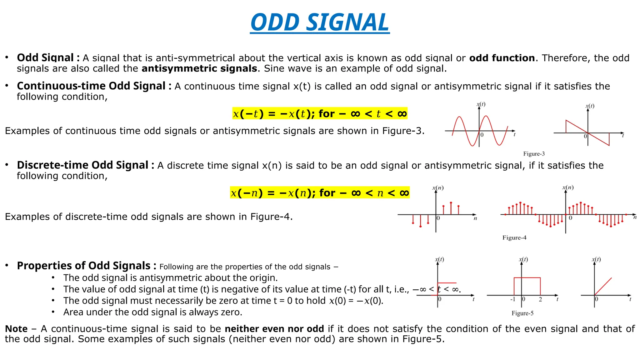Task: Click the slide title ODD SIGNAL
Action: [320, 22]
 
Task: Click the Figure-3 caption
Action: [534, 154]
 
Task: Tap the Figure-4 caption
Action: [514, 237]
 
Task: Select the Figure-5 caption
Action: [522, 313]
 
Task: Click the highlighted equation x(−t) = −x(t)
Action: [320, 114]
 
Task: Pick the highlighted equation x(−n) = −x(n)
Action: [320, 193]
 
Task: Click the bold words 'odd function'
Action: [502, 58]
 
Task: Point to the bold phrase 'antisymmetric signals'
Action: [199, 68]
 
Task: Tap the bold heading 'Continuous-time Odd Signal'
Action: [91, 86]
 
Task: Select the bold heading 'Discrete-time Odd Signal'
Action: [82, 165]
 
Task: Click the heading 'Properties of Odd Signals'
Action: [83, 266]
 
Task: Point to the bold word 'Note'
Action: [16, 329]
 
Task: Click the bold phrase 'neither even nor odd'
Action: [274, 329]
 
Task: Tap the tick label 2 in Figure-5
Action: [540, 299]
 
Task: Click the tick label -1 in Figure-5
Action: [512, 299]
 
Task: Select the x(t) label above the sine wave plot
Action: [481, 104]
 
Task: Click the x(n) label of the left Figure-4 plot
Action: [438, 188]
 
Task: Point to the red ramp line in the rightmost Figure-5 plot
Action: [603, 286]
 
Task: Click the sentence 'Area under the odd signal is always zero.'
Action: [152, 312]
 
